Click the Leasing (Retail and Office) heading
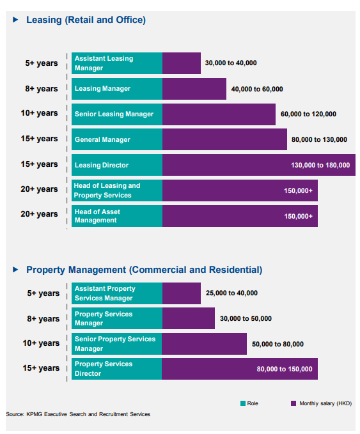point(86,20)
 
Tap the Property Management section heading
point(145,270)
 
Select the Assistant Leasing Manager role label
point(104,63)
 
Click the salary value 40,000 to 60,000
point(257,89)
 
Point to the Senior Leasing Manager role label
point(114,114)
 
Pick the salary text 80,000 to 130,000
point(319,139)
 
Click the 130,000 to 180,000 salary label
point(320,166)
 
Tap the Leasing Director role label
point(102,166)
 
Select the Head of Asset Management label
point(97,216)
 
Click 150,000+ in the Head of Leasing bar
point(298,190)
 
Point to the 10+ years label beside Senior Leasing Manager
point(39,113)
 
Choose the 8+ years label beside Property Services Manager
point(43,319)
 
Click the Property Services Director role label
point(104,369)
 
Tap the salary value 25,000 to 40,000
point(231,293)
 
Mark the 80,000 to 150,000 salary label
point(285,369)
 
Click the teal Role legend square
point(243,403)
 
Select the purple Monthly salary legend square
point(293,403)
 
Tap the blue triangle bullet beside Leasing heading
point(15,20)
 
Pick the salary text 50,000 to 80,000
point(278,344)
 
